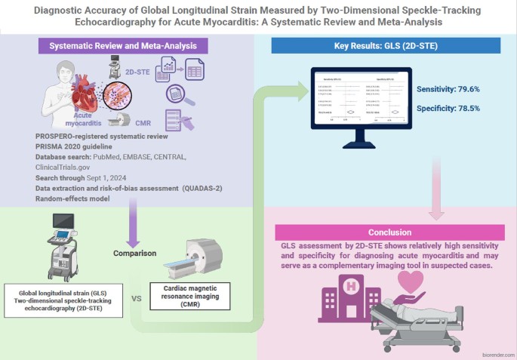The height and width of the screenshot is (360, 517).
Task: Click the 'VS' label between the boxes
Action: pos(137,297)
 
